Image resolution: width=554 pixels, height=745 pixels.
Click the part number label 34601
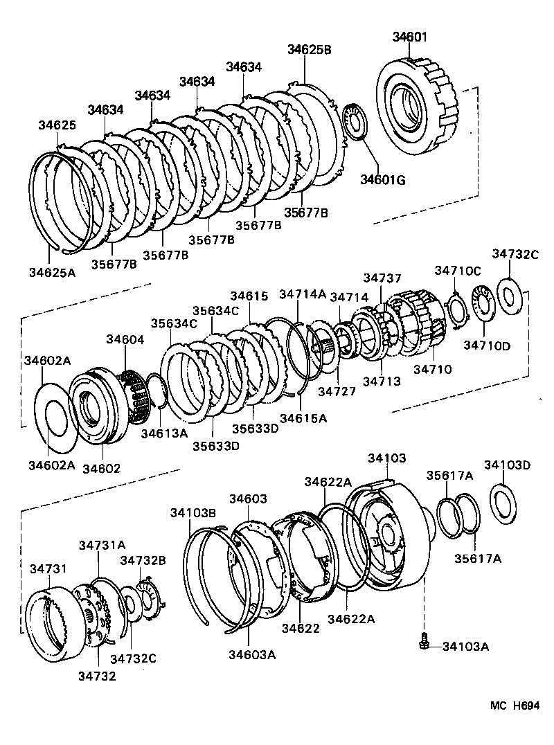point(410,37)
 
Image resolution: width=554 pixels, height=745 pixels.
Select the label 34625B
point(309,49)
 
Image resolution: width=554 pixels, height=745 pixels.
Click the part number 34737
point(382,278)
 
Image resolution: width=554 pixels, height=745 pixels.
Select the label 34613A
point(164,433)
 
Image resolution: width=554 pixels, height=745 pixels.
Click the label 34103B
point(193,512)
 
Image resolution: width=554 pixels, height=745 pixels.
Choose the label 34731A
point(102,545)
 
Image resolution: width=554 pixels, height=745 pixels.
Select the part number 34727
point(337,391)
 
